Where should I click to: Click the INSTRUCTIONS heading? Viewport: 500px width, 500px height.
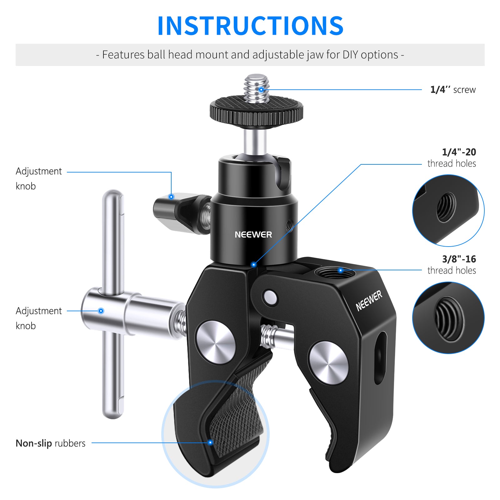pos(250,26)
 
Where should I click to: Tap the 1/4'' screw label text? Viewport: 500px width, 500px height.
pos(453,90)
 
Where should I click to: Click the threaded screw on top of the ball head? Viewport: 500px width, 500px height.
pos(257,88)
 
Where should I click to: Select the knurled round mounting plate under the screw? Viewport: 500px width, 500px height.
pos(256,112)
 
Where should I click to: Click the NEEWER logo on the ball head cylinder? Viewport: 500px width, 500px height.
pos(253,235)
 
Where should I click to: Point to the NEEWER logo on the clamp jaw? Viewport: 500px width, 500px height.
pos(369,301)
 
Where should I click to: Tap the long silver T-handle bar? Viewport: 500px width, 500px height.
pos(113,304)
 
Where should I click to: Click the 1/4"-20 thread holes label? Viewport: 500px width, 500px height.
pos(452,158)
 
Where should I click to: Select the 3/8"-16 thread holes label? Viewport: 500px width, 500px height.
pos(452,265)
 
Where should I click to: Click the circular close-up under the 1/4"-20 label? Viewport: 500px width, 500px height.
pos(448,210)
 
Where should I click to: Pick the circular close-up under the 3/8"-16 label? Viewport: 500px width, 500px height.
pos(448,317)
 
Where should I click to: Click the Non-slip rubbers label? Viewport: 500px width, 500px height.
pos(50,443)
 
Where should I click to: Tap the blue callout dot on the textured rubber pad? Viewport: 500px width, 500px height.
pos(210,442)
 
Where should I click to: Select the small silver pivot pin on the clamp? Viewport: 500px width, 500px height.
pos(270,297)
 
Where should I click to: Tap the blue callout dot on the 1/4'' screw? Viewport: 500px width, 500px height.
pos(261,90)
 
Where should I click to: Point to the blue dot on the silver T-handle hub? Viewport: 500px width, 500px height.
pos(101,311)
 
